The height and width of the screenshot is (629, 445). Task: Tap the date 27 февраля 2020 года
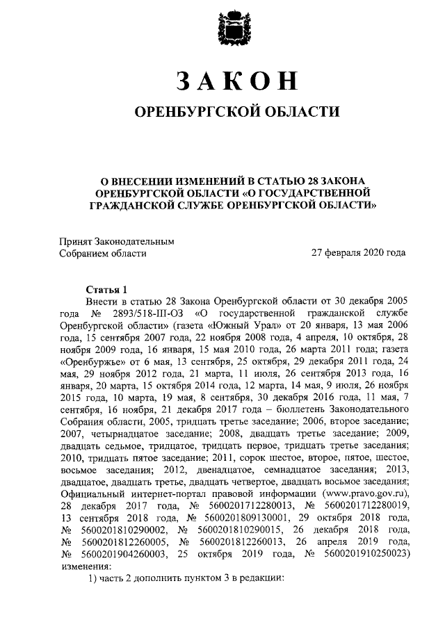[x=358, y=253]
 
